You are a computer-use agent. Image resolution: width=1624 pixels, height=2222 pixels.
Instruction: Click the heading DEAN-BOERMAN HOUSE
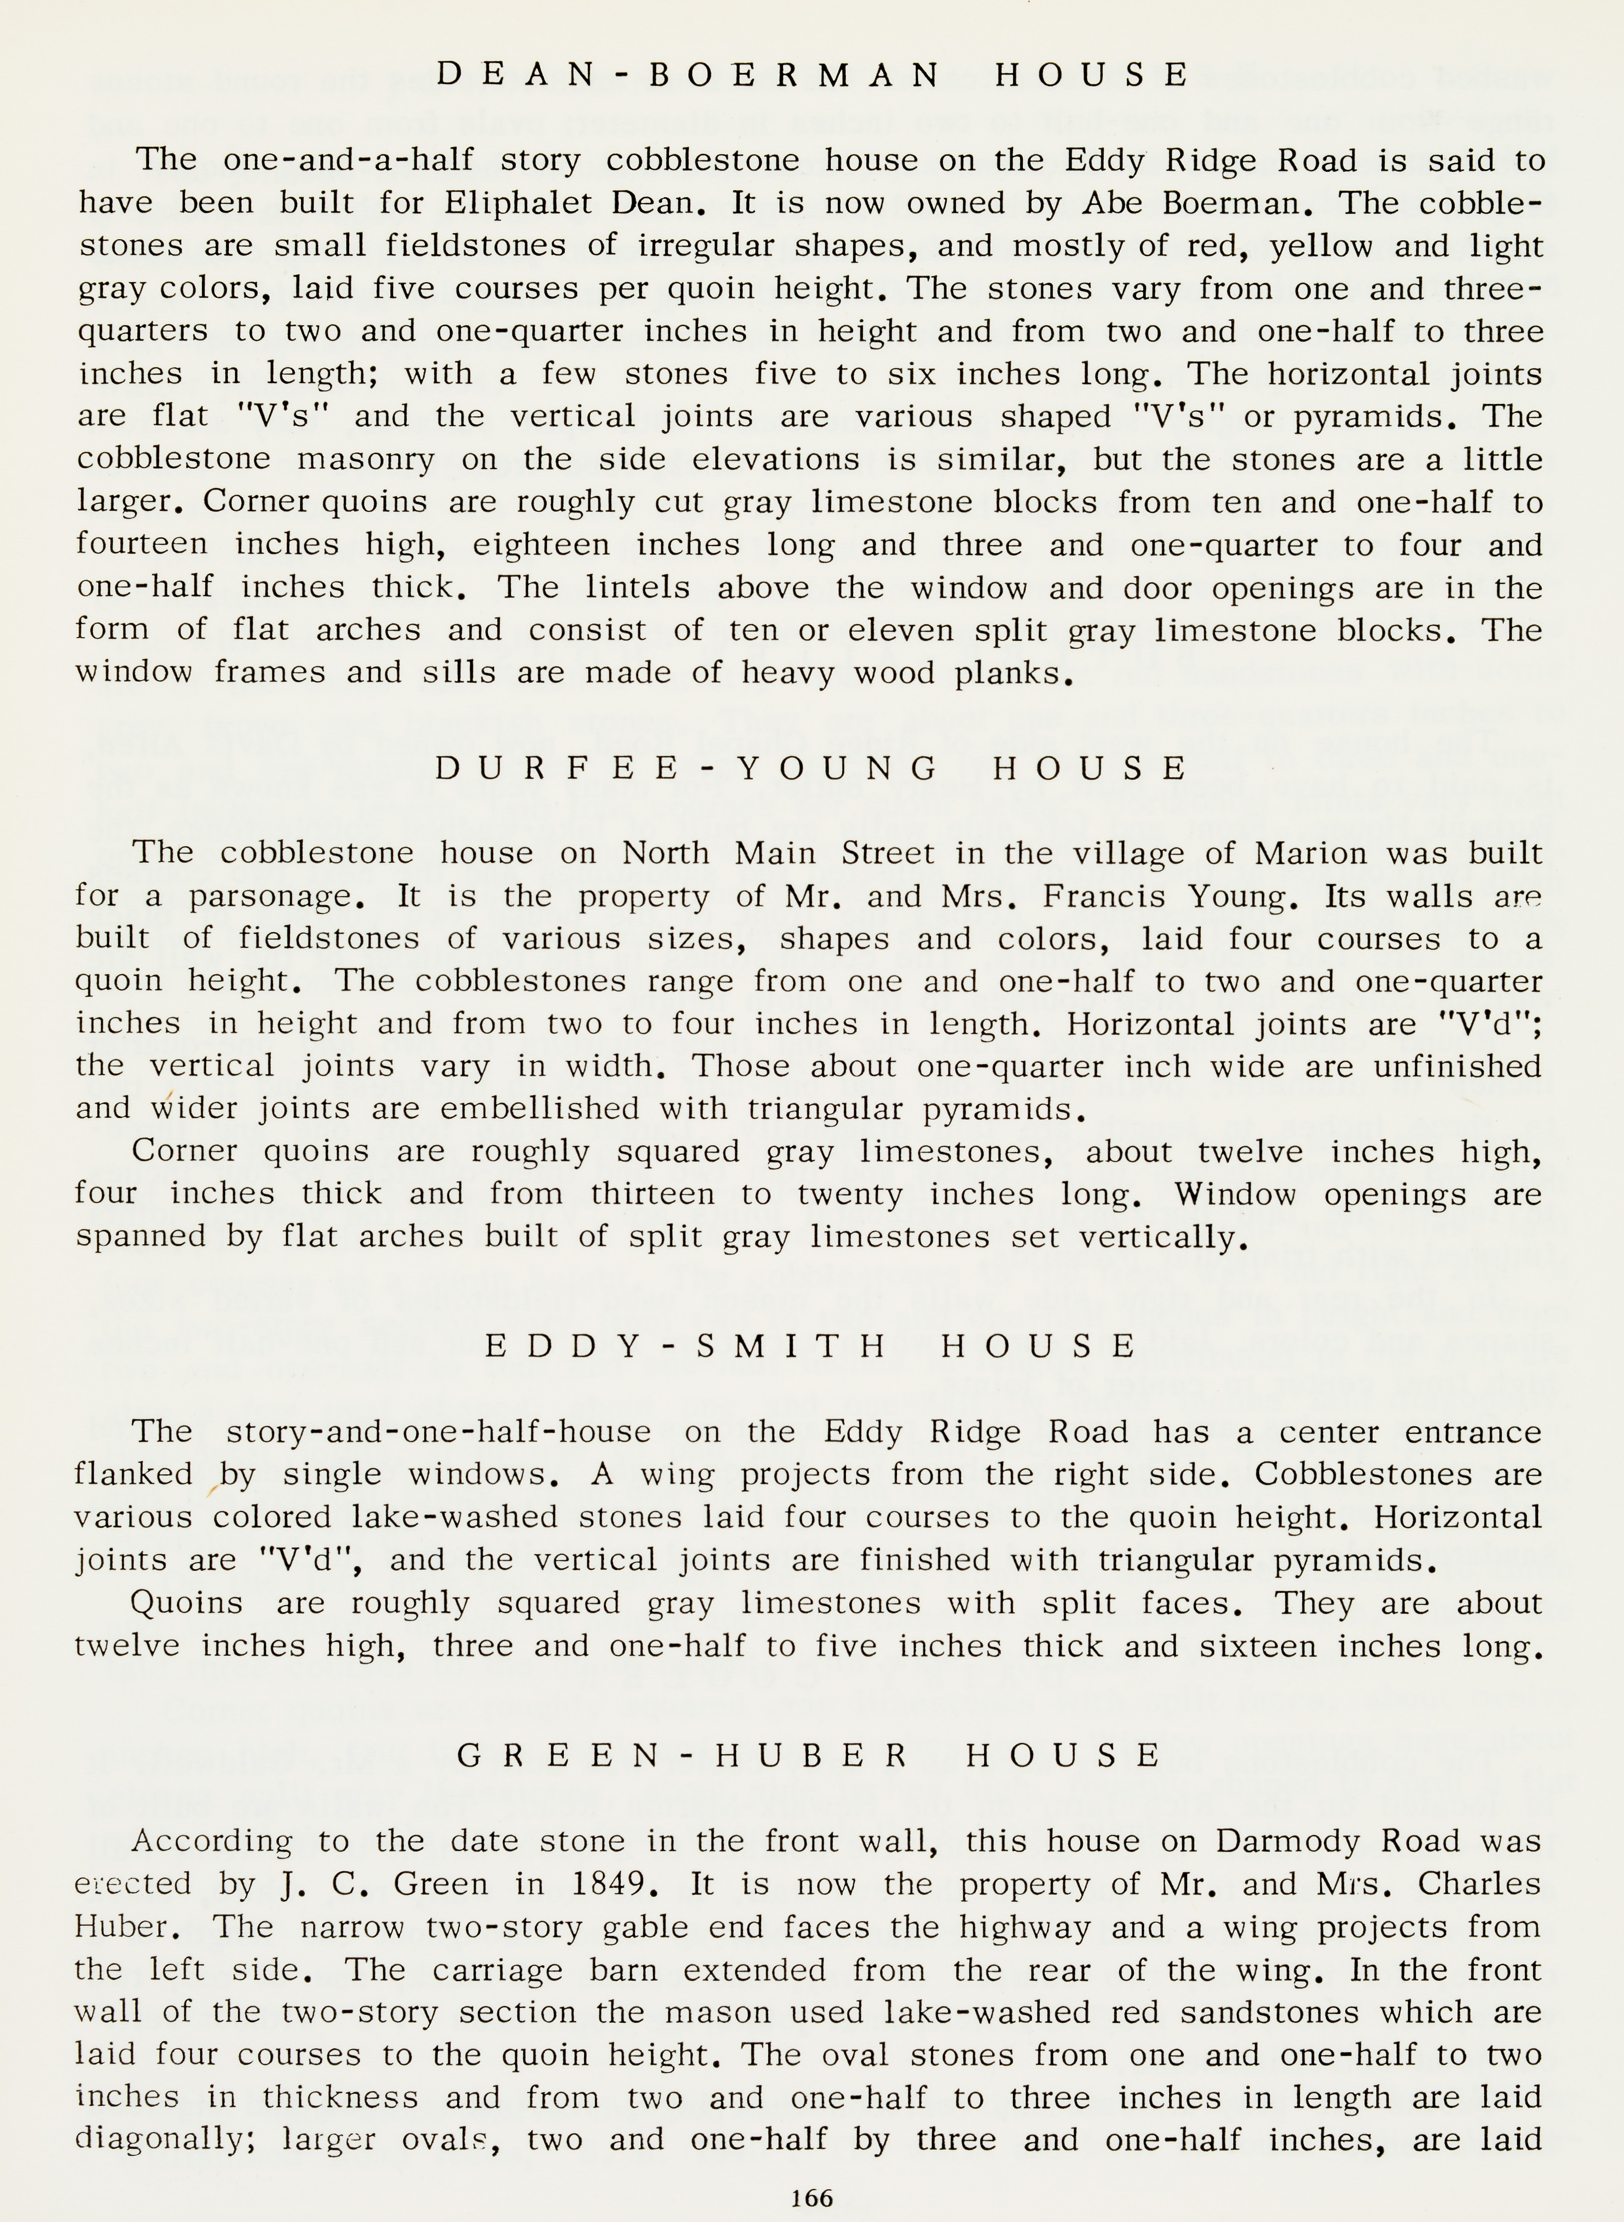[812, 75]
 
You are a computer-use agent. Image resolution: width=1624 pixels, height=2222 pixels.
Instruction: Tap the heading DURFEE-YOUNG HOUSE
[812, 768]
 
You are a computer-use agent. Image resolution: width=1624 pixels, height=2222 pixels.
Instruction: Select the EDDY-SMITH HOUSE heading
[812, 1346]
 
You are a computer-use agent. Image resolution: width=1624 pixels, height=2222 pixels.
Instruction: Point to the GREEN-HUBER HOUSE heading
[810, 1756]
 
